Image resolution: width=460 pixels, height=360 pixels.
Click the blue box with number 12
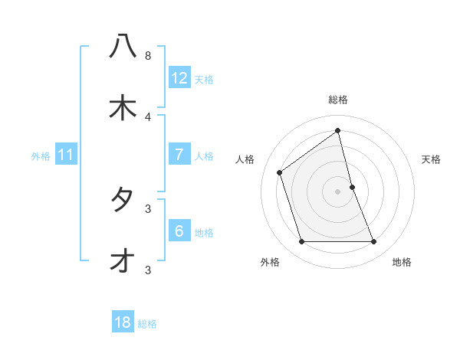(179, 78)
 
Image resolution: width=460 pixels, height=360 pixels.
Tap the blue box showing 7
(179, 155)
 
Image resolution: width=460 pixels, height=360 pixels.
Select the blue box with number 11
(66, 155)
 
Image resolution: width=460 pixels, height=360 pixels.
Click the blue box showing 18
(123, 322)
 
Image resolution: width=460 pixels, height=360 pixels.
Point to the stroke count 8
(148, 56)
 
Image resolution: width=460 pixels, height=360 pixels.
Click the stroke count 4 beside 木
(148, 116)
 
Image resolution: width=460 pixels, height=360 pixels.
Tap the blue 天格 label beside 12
(204, 80)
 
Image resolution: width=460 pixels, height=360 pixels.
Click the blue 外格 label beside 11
(41, 156)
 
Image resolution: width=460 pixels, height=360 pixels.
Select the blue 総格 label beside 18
(147, 324)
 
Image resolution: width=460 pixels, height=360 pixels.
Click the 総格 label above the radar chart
(338, 100)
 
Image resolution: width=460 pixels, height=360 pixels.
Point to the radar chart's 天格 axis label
(432, 159)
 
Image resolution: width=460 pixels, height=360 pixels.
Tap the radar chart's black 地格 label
(402, 262)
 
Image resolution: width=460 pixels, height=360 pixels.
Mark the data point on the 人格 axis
(280, 172)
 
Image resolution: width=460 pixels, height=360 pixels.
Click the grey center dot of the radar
(338, 191)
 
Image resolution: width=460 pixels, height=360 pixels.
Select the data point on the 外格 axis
(301, 242)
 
